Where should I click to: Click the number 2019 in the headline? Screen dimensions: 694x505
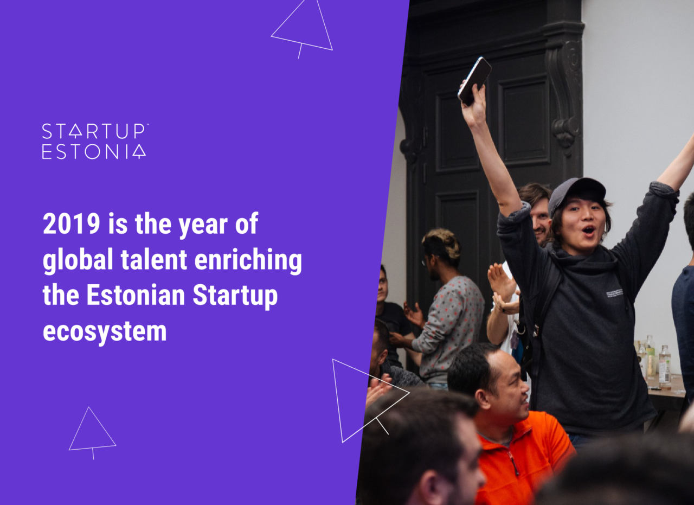click(x=71, y=223)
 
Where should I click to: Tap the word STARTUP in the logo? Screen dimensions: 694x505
click(x=94, y=131)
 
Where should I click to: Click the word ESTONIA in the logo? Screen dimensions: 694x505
click(x=94, y=151)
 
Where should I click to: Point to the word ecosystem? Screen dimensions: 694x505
click(x=105, y=332)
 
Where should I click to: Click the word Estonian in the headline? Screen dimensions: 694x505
click(x=136, y=295)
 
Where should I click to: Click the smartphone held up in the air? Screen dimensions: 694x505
click(x=474, y=81)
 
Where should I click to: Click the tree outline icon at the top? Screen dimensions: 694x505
click(x=302, y=28)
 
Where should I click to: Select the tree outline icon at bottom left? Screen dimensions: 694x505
click(x=92, y=433)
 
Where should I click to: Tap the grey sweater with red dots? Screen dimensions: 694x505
click(x=449, y=329)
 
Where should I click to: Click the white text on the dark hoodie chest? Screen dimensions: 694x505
click(x=615, y=293)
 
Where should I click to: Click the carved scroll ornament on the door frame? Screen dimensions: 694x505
click(x=566, y=93)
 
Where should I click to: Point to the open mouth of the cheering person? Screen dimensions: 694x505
click(x=588, y=230)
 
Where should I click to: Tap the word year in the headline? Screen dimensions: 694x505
click(x=203, y=225)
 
